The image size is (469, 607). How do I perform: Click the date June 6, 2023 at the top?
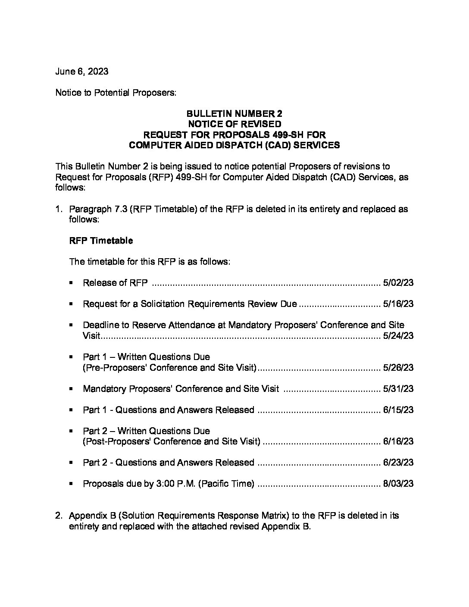point(81,72)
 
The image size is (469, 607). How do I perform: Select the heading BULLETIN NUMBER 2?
point(234,114)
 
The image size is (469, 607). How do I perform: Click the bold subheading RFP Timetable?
point(101,241)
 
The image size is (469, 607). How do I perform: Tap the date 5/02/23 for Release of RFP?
point(398,283)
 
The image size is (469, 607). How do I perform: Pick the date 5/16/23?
point(398,304)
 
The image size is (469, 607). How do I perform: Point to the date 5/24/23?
point(398,336)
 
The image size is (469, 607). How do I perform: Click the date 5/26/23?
point(398,368)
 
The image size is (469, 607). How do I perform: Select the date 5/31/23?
point(398,389)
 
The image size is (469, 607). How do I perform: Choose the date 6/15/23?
point(398,410)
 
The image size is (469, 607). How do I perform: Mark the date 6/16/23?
point(398,441)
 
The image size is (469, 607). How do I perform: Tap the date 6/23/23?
point(398,463)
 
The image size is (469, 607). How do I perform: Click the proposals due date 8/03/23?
point(398,484)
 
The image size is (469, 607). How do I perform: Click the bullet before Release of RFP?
point(70,283)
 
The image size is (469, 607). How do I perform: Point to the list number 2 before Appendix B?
point(58,516)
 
